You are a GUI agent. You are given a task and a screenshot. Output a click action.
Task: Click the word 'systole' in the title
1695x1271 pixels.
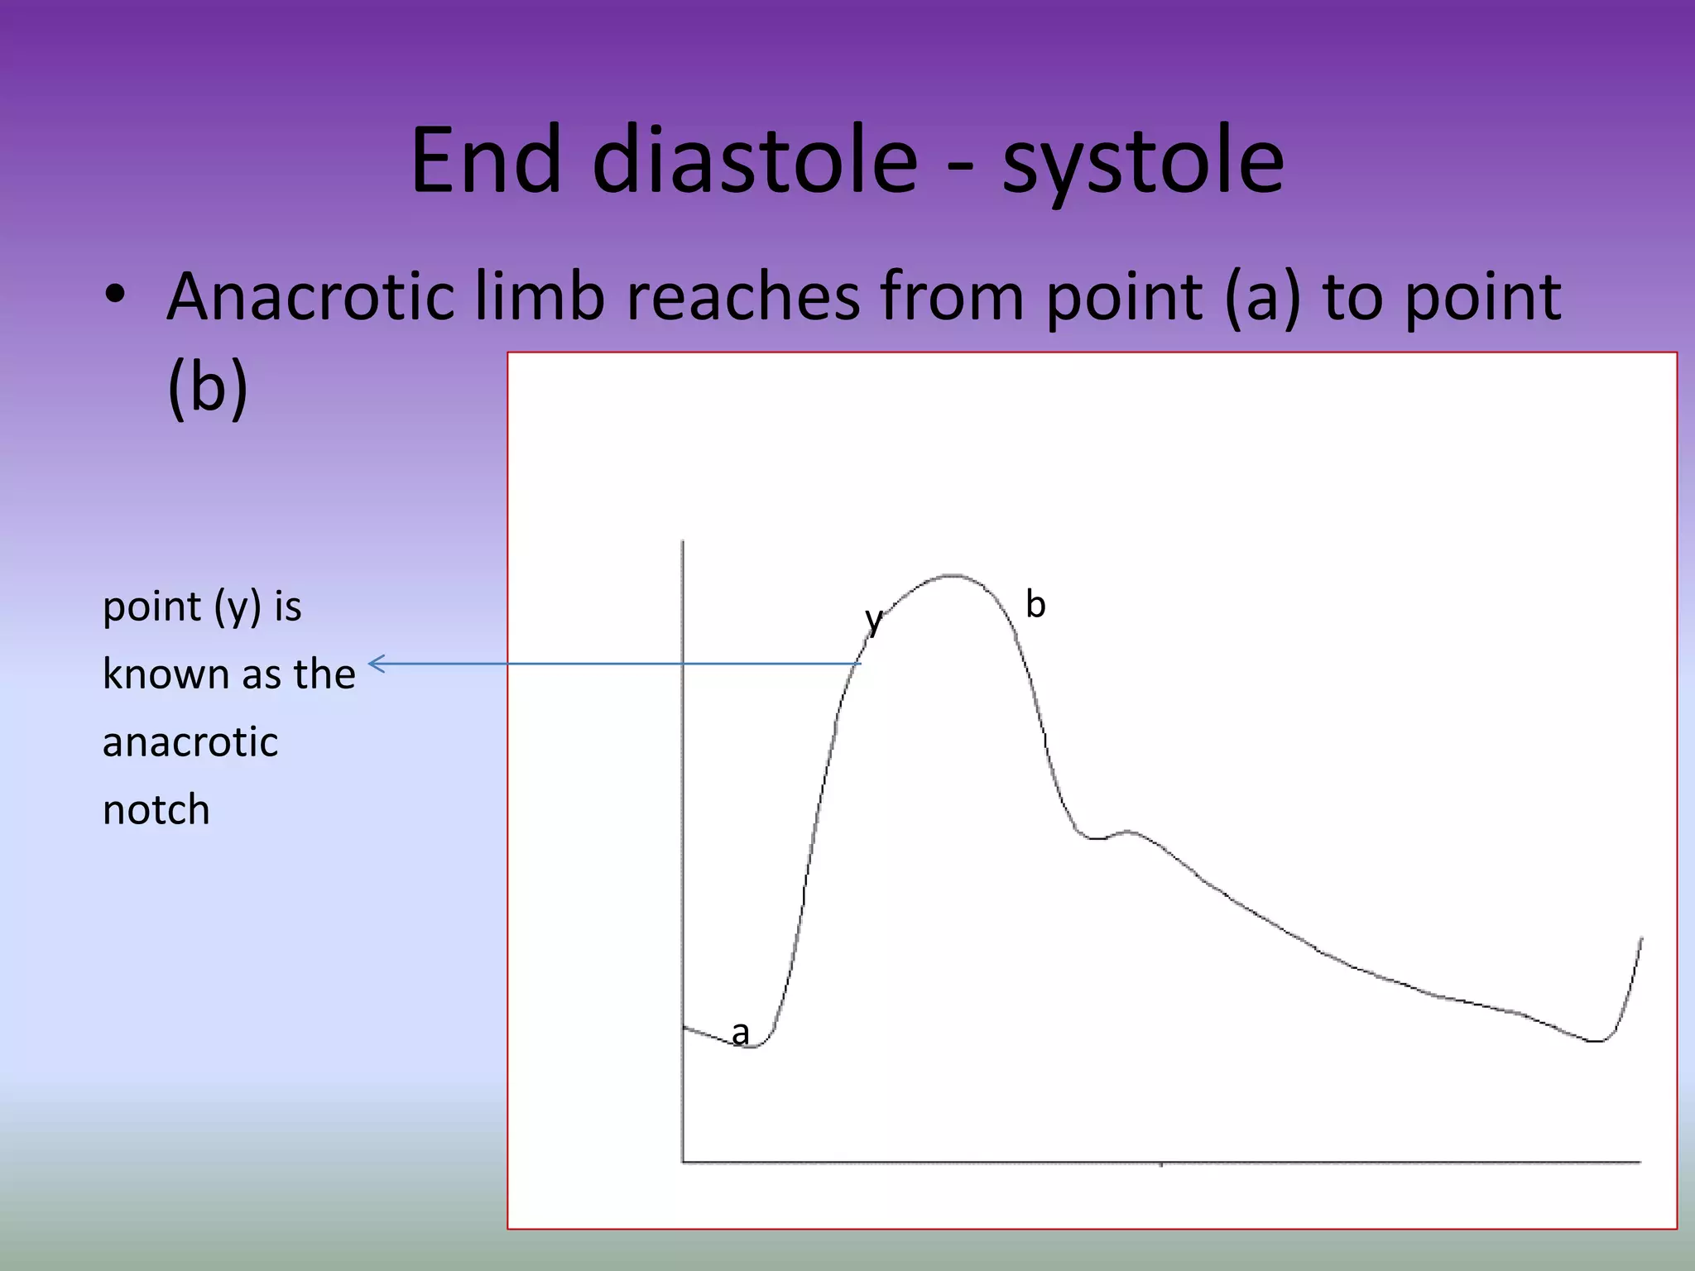click(x=1144, y=161)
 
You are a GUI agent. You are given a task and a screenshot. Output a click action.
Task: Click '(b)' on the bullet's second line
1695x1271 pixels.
click(x=207, y=387)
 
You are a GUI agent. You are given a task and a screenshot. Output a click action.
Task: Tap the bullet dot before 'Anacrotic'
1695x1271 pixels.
click(x=115, y=295)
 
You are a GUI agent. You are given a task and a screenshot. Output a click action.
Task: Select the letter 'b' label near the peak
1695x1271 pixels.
click(x=1035, y=604)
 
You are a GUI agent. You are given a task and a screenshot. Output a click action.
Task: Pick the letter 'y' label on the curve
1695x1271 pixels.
click(x=873, y=619)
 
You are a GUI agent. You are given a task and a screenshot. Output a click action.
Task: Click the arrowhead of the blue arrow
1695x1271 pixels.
click(x=374, y=664)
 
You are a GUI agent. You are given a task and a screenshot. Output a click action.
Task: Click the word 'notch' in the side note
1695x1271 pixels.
click(x=156, y=809)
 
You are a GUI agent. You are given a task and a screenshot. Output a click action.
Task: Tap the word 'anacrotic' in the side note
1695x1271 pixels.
click(x=190, y=741)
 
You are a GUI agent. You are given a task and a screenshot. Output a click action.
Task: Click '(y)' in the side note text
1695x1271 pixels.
click(x=238, y=607)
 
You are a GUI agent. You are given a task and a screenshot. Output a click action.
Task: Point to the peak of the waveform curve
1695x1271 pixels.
click(x=954, y=575)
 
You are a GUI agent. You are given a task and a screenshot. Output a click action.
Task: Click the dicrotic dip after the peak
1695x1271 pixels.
click(x=1094, y=838)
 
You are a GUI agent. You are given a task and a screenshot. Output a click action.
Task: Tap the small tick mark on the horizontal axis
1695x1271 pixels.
click(x=1161, y=1165)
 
